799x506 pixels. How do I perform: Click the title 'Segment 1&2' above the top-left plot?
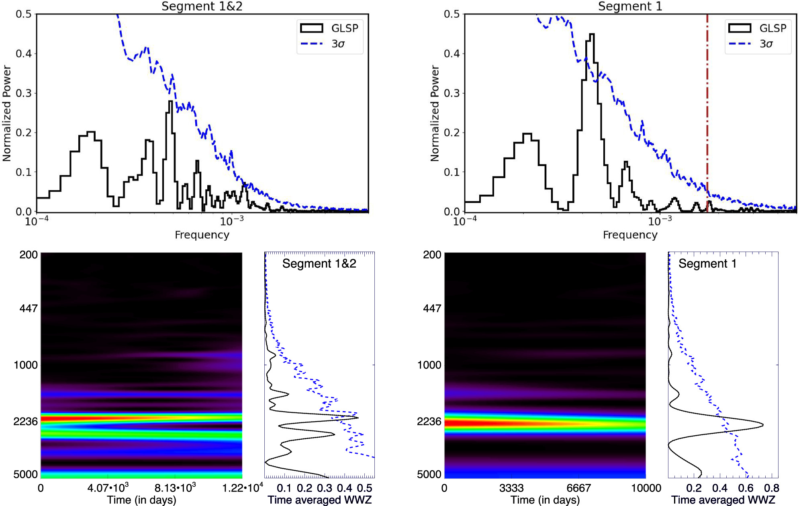202,6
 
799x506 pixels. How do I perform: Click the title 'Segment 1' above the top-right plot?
630,6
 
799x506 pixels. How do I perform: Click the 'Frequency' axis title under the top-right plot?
630,235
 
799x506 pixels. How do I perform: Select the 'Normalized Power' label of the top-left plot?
7,113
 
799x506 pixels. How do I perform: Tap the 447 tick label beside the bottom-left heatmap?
28,308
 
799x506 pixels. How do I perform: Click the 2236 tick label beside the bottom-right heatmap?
429,421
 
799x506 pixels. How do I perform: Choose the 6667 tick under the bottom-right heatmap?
578,488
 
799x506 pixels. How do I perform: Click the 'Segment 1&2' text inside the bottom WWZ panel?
319,264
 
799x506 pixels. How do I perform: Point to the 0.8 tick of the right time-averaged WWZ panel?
771,488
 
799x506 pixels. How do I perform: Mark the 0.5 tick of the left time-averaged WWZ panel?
364,488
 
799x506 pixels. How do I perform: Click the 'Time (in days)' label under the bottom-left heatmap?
141,500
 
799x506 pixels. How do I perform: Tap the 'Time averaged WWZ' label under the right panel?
723,500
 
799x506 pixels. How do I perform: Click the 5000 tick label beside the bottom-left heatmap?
25,474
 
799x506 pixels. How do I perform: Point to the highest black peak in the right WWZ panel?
762,424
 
